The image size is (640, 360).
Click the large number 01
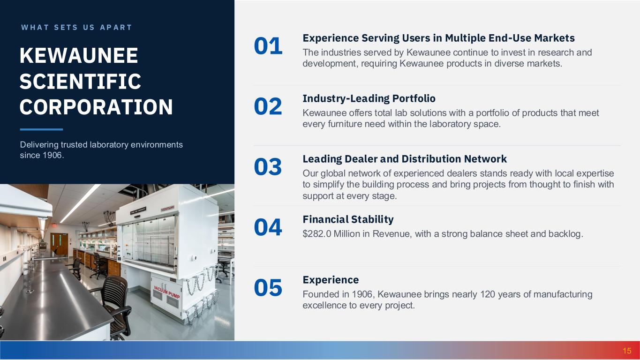point(268,46)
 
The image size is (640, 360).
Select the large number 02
point(268,106)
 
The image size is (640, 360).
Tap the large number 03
point(268,167)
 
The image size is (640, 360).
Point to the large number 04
point(268,227)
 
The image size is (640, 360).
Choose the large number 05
point(268,288)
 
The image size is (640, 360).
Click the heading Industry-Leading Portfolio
point(369,98)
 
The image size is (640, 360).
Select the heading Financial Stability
point(348,219)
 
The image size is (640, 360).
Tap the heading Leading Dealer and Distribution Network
point(405,159)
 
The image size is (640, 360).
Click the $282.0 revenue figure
point(317,234)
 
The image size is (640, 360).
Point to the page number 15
point(627,351)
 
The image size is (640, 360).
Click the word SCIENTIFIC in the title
point(80,81)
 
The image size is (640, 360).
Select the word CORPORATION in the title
point(96,107)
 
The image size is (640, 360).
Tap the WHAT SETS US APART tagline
point(76,28)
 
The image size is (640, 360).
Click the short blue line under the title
point(41,129)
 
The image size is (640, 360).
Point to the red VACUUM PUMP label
point(167,292)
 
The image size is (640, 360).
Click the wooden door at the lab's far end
point(59,244)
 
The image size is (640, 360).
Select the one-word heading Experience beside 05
point(331,280)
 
